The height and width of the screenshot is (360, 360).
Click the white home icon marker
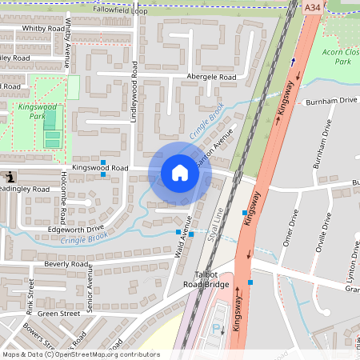[179, 172]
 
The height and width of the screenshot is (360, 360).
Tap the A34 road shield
[313, 6]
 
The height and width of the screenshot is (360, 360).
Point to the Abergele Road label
[211, 77]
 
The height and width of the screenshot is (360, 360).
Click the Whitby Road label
[43, 28]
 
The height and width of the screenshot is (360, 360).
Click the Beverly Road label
[66, 263]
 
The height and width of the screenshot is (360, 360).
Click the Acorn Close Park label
[342, 55]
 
